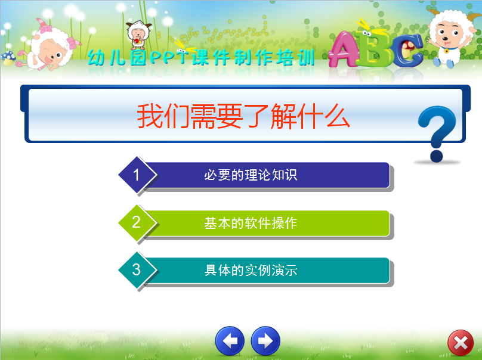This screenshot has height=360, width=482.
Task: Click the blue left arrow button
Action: (230, 341)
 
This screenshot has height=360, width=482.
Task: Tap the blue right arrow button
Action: (265, 341)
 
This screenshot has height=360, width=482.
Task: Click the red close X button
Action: (461, 343)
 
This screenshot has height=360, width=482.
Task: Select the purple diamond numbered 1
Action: (137, 175)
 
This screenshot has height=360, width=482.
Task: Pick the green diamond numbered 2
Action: (137, 223)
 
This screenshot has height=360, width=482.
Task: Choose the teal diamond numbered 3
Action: (137, 270)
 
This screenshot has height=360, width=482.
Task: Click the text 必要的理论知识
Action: (251, 175)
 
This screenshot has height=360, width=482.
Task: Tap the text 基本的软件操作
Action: (251, 223)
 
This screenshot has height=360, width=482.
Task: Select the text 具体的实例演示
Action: (251, 271)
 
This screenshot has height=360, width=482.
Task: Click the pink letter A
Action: (344, 49)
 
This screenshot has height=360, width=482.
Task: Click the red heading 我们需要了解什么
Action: (243, 116)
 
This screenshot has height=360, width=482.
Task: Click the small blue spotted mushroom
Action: (8, 58)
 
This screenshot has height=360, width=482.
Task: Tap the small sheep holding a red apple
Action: (138, 35)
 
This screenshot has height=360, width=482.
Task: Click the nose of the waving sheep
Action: (446, 39)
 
